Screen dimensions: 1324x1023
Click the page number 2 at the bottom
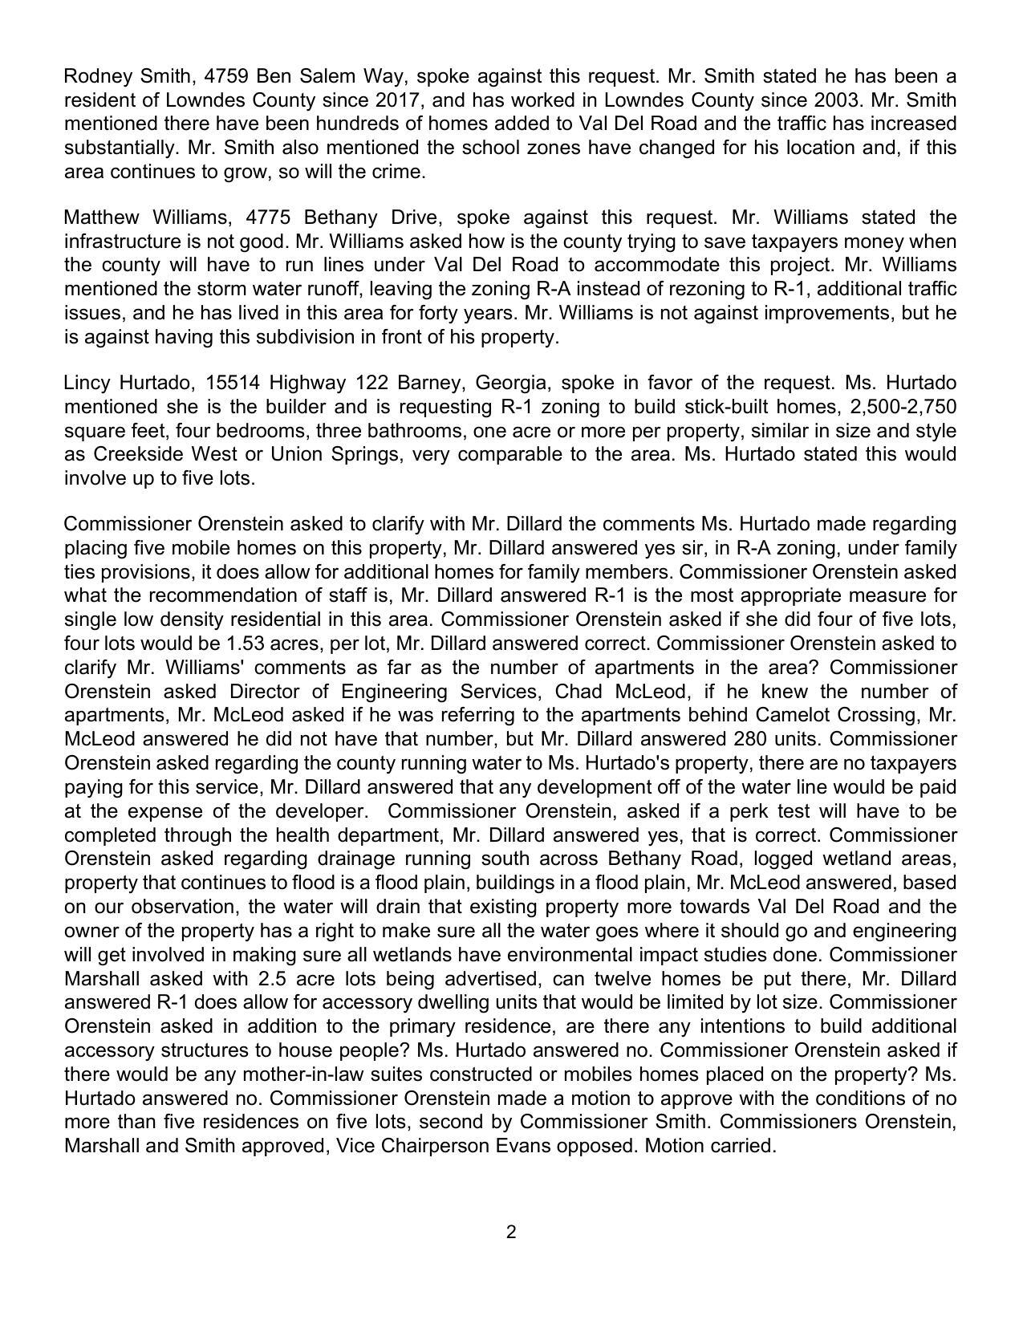click(x=511, y=1232)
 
